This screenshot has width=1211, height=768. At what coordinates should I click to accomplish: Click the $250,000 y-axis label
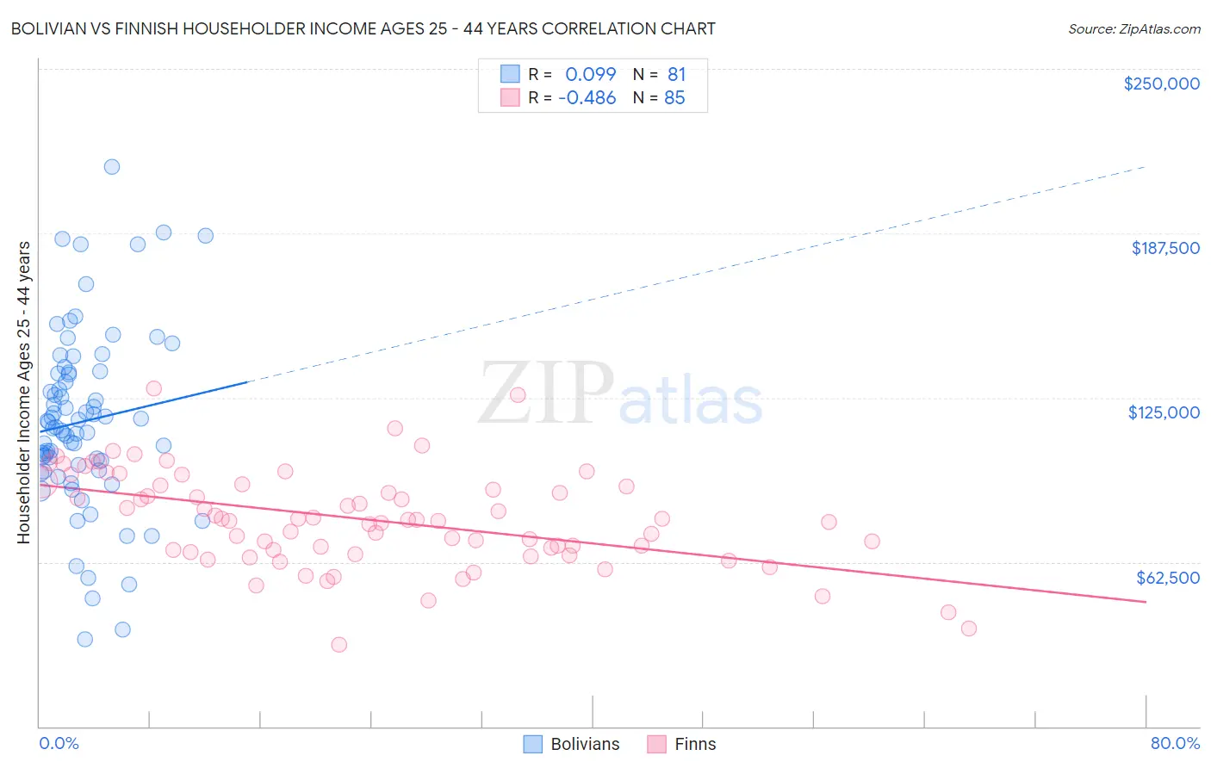pos(1161,84)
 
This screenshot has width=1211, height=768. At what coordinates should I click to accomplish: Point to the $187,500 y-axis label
pos(1164,248)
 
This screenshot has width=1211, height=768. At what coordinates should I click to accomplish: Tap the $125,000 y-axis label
pos(1164,412)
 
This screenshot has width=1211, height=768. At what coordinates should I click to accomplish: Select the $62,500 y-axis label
pos(1167,578)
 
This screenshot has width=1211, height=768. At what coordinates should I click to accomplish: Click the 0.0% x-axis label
pos(59,743)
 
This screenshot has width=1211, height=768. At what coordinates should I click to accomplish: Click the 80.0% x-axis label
pos(1175,743)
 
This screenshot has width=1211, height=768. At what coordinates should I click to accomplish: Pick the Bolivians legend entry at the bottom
pos(572,744)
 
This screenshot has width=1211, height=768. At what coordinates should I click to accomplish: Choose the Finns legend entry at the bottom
pos(681,744)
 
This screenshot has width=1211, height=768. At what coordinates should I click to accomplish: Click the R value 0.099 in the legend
pos(590,74)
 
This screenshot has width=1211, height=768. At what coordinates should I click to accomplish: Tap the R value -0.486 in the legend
pos(587,98)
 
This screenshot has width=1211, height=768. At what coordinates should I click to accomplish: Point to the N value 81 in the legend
pos(676,74)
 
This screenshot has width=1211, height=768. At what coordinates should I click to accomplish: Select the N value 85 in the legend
pos(674,98)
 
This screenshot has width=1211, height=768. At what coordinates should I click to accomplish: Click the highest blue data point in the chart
pos(112,167)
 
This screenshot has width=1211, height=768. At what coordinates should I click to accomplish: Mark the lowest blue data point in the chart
pos(84,639)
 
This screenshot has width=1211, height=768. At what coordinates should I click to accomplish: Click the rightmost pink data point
pos(969,629)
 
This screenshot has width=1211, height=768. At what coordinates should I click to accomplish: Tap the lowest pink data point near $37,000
pos(339,645)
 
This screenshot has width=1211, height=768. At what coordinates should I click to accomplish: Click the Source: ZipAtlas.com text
pos(1133,29)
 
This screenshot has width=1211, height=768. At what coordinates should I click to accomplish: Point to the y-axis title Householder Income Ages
pos(24,392)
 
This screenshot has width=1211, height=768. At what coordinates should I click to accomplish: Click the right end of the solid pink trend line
pos(1146,602)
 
